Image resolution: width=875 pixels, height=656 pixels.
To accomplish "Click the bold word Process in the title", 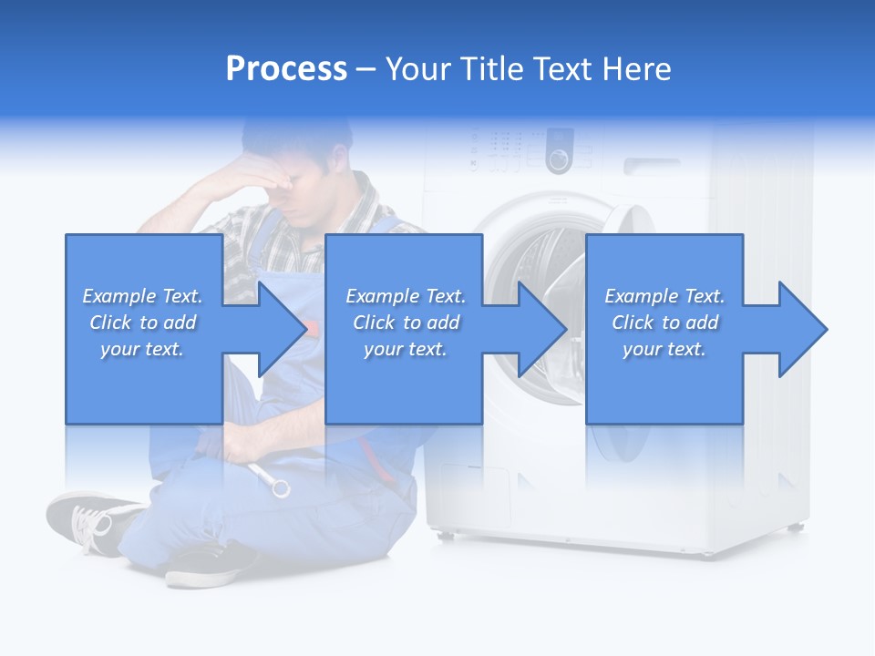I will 286,69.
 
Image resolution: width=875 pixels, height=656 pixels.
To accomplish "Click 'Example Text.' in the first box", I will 143,296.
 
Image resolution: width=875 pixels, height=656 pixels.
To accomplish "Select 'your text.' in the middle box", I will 405,349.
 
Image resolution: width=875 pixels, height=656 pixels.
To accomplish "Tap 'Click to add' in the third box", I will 665,323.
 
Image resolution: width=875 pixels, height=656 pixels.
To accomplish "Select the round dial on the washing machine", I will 558,160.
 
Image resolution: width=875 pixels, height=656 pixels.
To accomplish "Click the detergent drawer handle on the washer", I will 652,166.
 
